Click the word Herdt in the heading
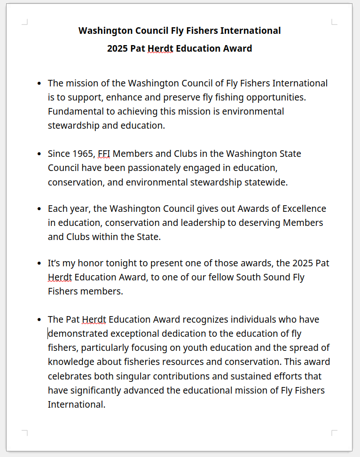pos(160,48)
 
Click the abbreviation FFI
pos(104,154)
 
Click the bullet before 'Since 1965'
pos(39,154)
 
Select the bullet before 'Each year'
pos(39,208)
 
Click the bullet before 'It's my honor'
pos(39,263)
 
